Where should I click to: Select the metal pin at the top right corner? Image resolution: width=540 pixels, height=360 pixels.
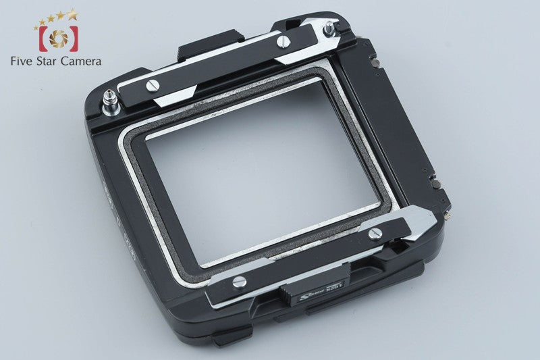pyautogui.click(x=329, y=29)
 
